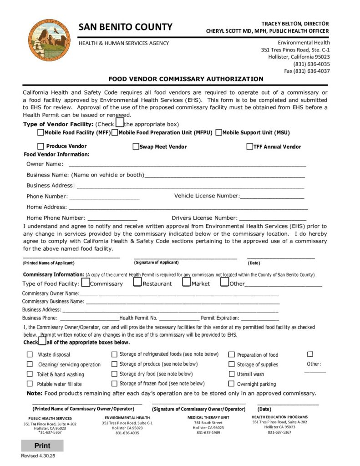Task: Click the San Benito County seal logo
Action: click(49, 41)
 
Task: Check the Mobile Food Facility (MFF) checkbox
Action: click(41, 132)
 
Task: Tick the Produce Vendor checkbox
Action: click(41, 147)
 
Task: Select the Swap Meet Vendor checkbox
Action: click(136, 147)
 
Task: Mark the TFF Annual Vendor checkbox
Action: click(249, 147)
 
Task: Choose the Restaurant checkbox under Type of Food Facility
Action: click(138, 282)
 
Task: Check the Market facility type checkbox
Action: click(187, 282)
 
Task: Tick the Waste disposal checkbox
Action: click(30, 355)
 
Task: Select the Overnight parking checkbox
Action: click(231, 384)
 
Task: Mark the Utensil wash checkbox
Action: click(231, 374)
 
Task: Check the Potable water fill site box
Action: click(30, 384)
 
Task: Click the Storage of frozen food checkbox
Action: click(115, 383)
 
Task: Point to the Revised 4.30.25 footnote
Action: click(38, 456)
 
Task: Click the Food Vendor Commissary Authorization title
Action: click(186, 79)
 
